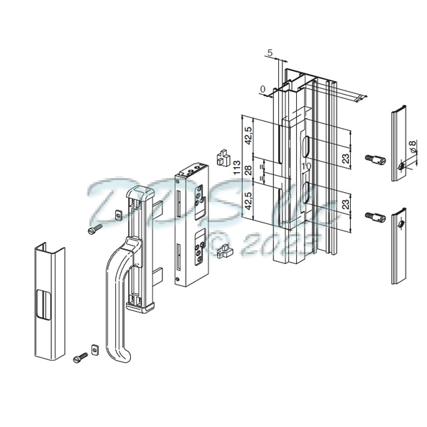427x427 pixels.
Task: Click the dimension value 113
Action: [x=236, y=169]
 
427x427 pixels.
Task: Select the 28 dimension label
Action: [x=248, y=169]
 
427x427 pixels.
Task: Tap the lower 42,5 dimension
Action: [x=248, y=202]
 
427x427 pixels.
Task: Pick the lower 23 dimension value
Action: [x=345, y=207]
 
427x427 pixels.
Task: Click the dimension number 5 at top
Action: [x=270, y=53]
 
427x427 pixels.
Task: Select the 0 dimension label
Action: [x=263, y=89]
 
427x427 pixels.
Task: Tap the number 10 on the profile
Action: [x=304, y=167]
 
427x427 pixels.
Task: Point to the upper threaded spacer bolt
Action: [x=374, y=159]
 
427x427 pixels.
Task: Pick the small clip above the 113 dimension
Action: [x=223, y=154]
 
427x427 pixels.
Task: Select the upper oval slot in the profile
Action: [x=305, y=145]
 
